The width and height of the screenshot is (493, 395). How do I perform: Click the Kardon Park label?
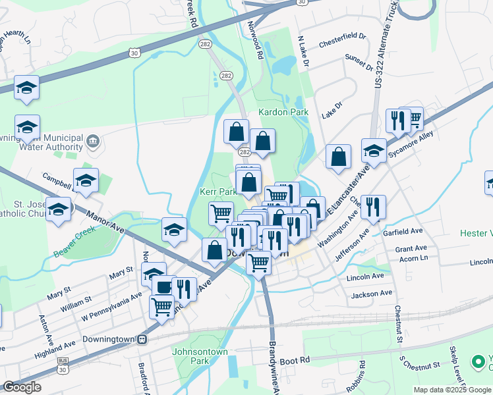point(283,112)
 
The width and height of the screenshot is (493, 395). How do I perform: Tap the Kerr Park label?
point(218,192)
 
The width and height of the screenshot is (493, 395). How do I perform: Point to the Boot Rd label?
point(295,361)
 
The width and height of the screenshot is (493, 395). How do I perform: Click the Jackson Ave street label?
point(372,294)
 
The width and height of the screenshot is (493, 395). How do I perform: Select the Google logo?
point(22,387)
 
